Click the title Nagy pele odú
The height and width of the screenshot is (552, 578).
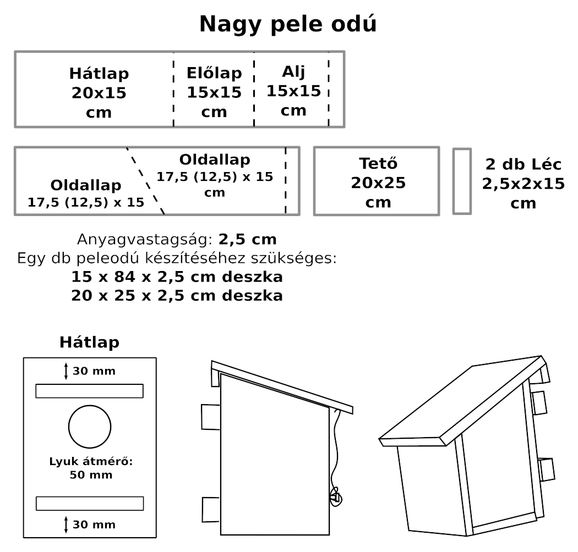pos(288,24)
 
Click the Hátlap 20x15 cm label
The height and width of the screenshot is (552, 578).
pos(99,92)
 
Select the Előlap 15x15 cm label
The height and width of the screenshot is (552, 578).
pos(214,92)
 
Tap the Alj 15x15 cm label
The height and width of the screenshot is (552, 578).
pos(293,91)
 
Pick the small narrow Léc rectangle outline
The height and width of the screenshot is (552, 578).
pos(462,181)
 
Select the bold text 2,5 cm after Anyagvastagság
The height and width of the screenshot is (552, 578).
pos(247,240)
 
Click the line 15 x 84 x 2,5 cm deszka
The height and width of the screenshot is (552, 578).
pos(177,276)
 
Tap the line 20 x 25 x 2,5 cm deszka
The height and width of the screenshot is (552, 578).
pos(177,296)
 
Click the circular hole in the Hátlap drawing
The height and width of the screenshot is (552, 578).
pos(90,427)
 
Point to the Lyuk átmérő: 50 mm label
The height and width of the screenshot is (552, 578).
pos(91,468)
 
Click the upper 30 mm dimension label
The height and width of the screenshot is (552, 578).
pos(94,371)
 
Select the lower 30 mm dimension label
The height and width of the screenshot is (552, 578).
pos(94,525)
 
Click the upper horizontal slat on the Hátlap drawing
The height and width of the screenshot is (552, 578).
pos(89,390)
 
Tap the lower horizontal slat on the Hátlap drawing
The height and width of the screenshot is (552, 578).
pos(89,503)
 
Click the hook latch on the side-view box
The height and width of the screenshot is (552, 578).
pos(336,497)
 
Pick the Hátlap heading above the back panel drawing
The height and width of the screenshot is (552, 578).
pos(89,343)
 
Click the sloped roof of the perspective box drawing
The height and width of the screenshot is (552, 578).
pos(462,401)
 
